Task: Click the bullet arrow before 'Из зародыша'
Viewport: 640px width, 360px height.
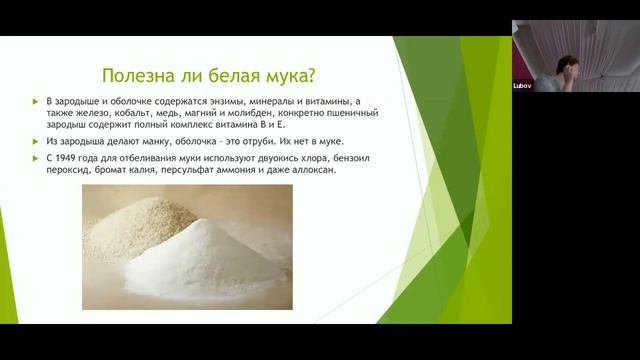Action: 36,143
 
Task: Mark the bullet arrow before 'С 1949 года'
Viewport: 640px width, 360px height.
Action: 36,158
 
